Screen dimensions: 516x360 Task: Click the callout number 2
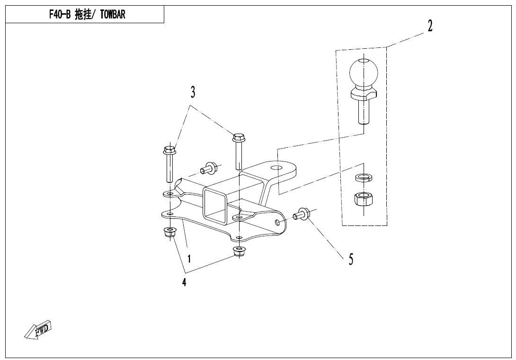pos(430,26)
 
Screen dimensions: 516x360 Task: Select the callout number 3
pos(193,92)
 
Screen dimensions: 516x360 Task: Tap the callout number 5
pos(351,259)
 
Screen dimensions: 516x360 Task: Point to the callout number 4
pos(184,282)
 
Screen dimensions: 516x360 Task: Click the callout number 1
pos(189,259)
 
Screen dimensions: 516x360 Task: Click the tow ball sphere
pos(363,73)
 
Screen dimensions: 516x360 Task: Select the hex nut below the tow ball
pos(363,199)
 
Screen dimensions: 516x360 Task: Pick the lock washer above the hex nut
pos(363,178)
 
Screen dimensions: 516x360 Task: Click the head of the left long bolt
pos(170,151)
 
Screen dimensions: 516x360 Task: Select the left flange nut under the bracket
pos(169,232)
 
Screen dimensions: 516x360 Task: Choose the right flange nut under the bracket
pos(239,252)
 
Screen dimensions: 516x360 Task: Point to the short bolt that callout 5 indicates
pos(301,214)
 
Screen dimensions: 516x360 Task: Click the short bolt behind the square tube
pos(208,168)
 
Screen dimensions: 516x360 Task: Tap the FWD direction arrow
pos(38,329)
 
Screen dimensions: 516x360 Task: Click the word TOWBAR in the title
pos(113,15)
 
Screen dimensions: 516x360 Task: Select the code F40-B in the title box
pos(60,15)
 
